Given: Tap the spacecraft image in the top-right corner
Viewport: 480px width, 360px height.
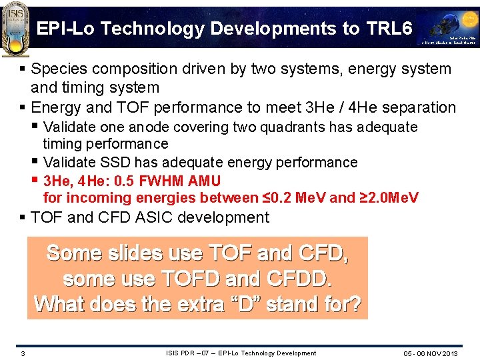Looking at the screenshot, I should point(448,27).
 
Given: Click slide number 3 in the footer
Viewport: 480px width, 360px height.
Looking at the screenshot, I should point(23,353).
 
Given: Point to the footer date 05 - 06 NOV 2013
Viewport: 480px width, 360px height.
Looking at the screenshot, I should point(431,353).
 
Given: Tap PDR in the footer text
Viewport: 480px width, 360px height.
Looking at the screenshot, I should point(189,353).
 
